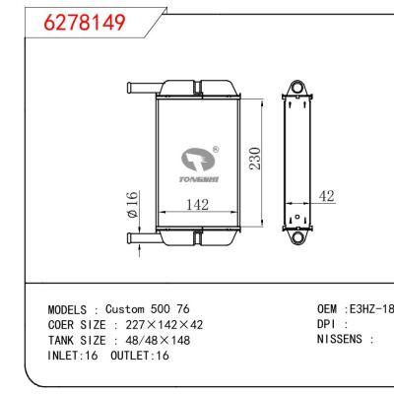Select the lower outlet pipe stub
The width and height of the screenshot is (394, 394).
(140, 236)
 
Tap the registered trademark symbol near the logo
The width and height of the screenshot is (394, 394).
(216, 151)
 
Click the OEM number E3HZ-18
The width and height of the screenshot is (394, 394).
(370, 308)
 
